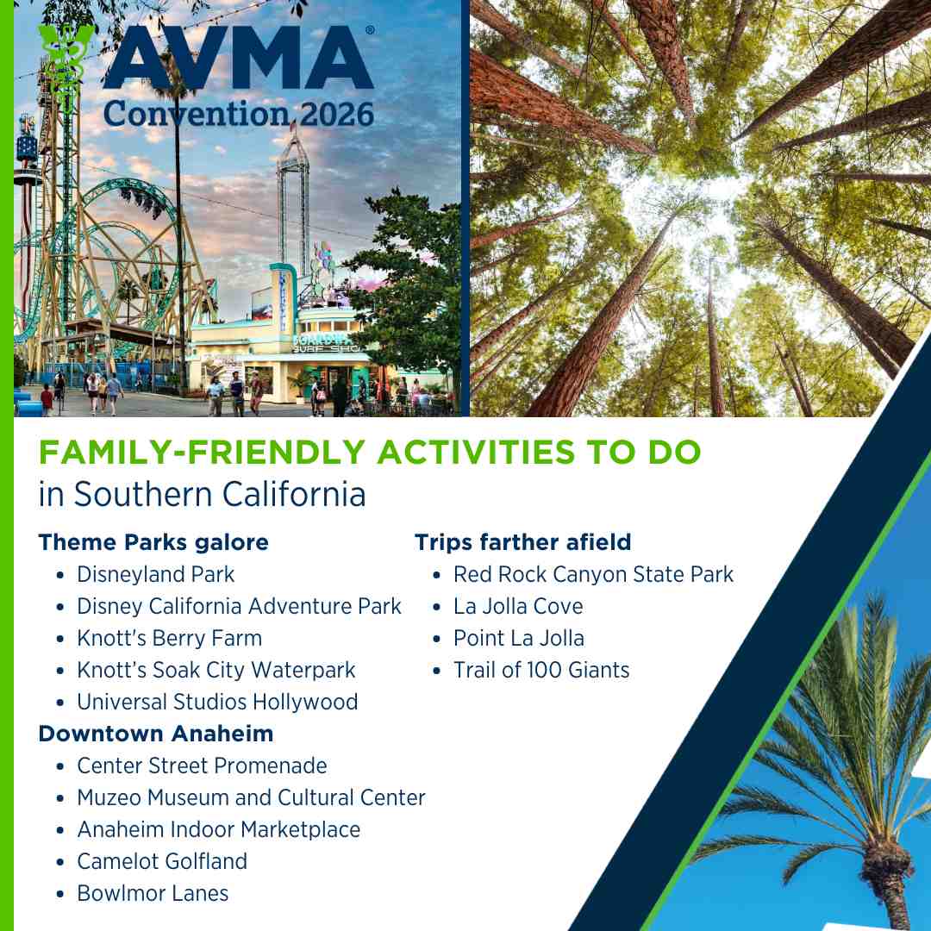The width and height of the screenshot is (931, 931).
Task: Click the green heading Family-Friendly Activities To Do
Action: click(370, 453)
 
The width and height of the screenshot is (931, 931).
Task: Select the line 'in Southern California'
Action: click(203, 495)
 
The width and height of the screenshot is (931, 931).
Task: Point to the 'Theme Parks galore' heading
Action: click(153, 542)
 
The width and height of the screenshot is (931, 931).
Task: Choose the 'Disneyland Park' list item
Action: click(156, 574)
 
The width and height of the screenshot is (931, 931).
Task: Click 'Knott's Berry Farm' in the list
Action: click(169, 638)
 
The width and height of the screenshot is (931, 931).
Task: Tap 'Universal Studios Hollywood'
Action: click(217, 702)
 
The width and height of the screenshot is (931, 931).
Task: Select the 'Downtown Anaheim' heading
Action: click(156, 734)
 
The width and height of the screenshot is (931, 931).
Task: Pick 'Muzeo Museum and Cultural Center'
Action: click(251, 797)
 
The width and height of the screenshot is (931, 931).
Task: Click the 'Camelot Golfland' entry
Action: click(162, 861)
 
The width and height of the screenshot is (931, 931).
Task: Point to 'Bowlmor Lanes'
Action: click(153, 893)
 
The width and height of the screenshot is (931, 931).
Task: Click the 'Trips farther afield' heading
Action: click(522, 542)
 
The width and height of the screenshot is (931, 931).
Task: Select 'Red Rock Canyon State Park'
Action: click(593, 574)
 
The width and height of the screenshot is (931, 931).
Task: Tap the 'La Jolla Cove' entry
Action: click(518, 606)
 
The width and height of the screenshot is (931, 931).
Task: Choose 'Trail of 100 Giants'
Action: click(541, 670)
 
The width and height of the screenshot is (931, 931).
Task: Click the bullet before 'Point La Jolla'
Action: click(437, 639)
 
